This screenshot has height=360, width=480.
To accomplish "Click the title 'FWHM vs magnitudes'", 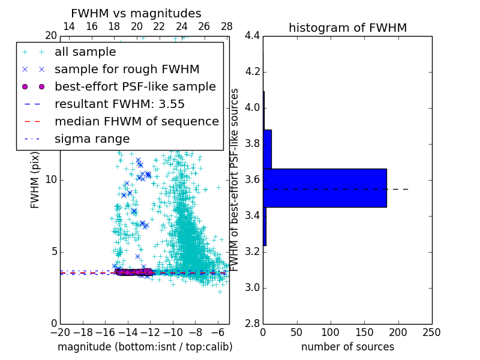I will [x=136, y=13].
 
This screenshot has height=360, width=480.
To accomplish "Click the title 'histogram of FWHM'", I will [x=347, y=28].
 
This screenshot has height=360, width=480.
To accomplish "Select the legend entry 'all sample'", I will [x=86, y=52].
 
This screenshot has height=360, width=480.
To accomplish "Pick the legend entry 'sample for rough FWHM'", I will [x=127, y=69].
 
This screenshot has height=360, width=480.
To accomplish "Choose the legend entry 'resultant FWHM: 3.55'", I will [x=119, y=104].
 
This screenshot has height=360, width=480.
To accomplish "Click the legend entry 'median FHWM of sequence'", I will [x=136, y=121].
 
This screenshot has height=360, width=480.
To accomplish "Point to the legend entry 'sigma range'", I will [x=92, y=139].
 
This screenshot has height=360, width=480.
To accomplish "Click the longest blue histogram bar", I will [x=325, y=188].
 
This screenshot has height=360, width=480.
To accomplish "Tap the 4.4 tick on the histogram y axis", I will [x=252, y=36].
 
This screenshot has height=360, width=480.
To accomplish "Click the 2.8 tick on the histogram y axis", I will [x=252, y=323].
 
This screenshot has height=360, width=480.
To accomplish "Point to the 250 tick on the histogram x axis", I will [x=431, y=332].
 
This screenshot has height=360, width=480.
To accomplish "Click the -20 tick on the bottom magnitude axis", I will [x=60, y=332].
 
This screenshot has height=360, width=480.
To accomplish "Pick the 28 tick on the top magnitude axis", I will [x=226, y=26].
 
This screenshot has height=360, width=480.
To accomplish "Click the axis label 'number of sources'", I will [x=347, y=347].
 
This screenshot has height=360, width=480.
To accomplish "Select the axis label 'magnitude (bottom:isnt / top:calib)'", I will [x=145, y=347].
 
